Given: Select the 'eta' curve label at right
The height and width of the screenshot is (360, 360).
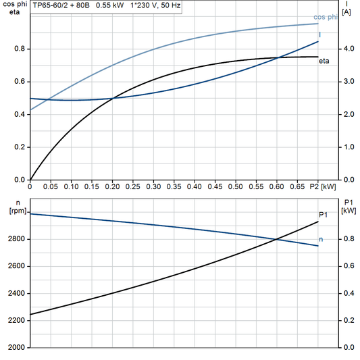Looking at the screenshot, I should tap(324, 62).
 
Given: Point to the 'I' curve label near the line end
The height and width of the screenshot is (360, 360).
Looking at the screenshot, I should tap(319, 34).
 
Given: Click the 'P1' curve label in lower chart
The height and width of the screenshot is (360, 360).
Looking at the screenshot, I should tap(323, 214).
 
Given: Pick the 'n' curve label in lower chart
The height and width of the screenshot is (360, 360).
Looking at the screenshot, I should tap(321, 239).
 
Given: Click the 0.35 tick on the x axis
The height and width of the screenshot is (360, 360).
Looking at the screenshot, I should tap(174, 186).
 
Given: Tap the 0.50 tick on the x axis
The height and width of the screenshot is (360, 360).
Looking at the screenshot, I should tap(236, 186).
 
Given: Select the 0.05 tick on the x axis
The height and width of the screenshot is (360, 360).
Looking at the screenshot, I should tap(51, 186).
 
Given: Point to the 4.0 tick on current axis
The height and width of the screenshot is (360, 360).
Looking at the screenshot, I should tap(348, 49).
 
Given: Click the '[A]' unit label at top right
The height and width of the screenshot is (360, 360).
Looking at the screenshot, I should tap(347, 14).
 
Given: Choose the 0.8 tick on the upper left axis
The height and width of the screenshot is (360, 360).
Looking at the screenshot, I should tap(20, 49).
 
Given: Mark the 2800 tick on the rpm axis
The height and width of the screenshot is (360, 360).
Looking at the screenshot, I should tap(17, 239).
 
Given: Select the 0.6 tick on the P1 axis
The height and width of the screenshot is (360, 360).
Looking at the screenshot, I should tap(348, 266).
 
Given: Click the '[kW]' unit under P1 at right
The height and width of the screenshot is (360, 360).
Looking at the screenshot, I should tap(349, 210).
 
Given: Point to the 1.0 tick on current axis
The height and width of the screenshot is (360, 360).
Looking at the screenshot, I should tap(348, 147).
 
